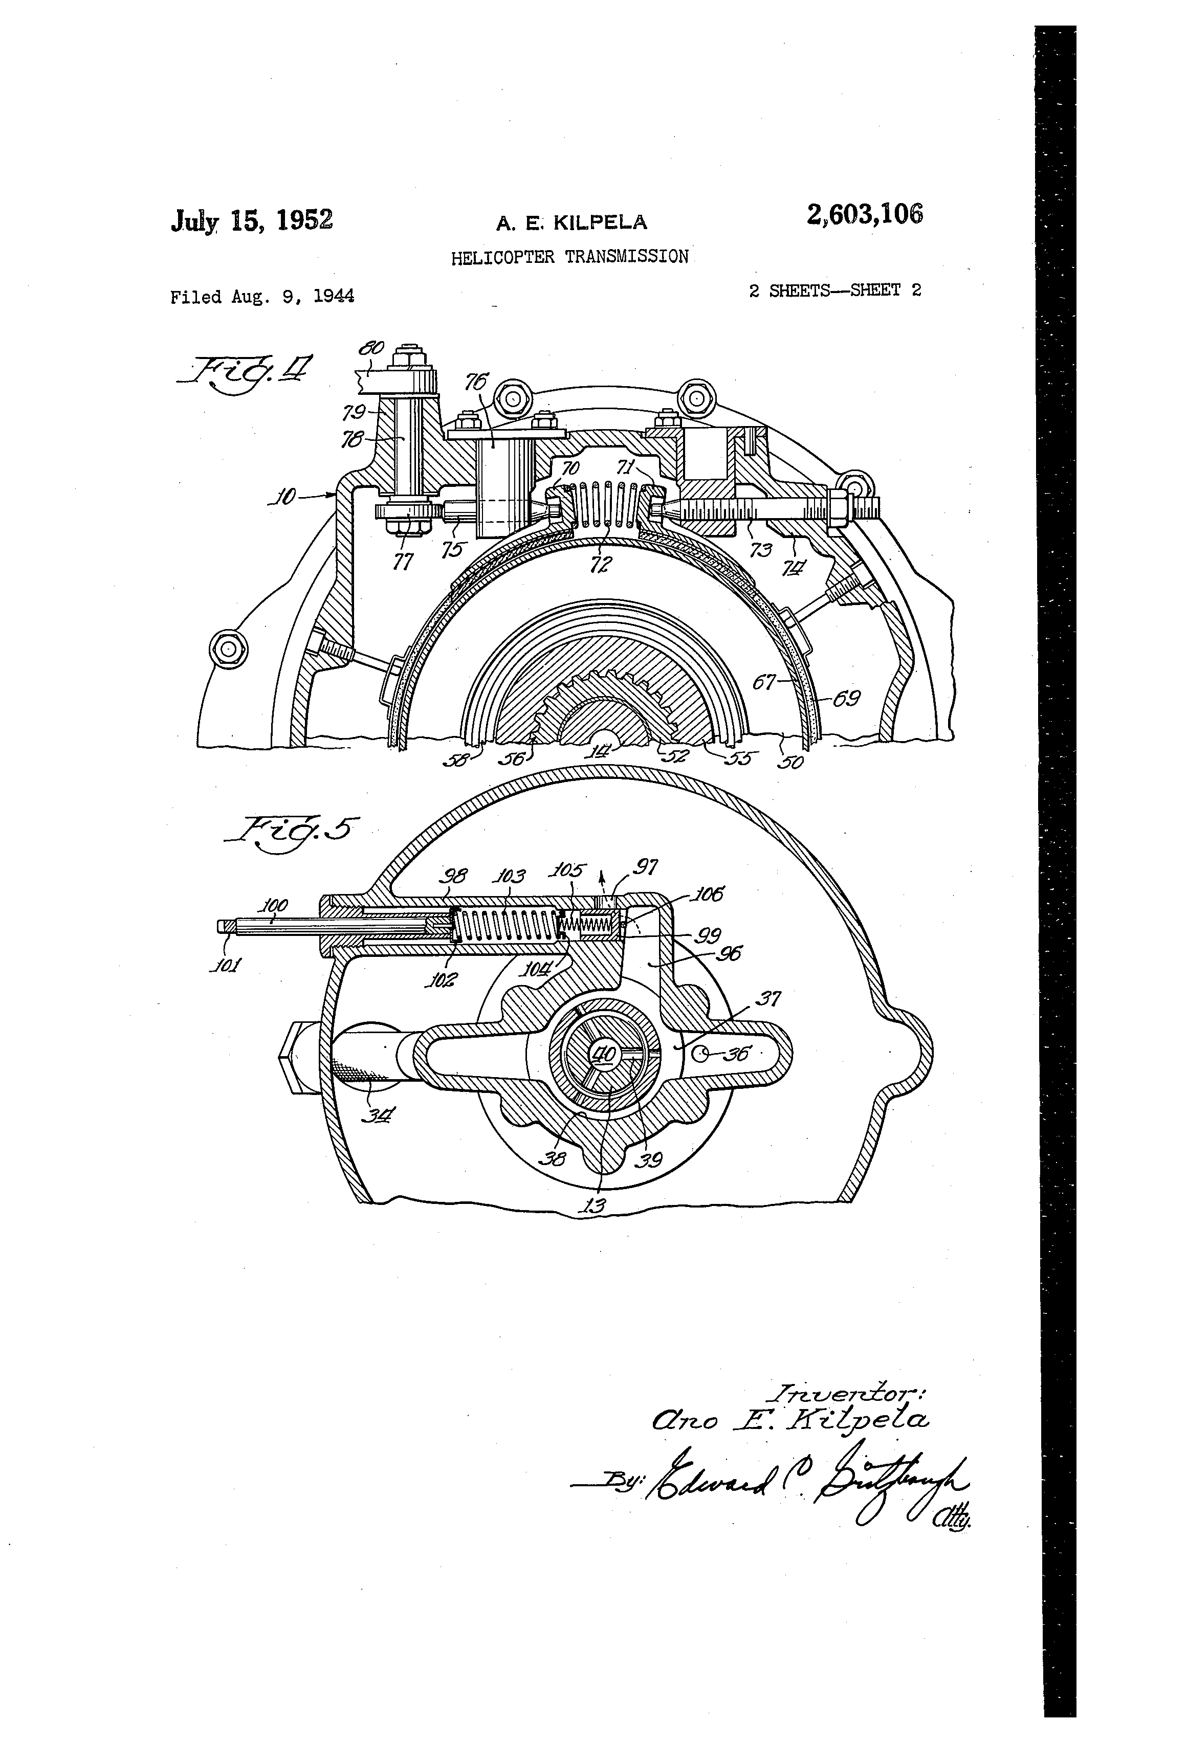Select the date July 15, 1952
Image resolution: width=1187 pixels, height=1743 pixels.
pos(251,220)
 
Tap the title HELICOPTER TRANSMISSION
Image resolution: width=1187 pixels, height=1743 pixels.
pos(569,257)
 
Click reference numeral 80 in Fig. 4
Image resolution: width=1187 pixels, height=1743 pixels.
pos(371,348)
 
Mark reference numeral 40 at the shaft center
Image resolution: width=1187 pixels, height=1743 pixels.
pos(605,1055)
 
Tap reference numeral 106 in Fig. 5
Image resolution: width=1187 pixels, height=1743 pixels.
pos(708,894)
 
